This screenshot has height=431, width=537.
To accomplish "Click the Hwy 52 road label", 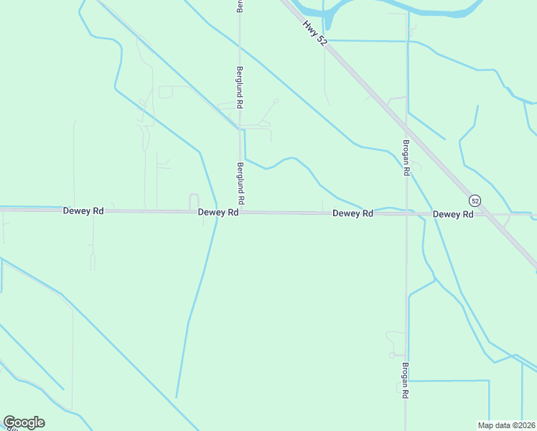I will [314, 34].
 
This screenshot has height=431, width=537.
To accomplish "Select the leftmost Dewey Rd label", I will [84, 211].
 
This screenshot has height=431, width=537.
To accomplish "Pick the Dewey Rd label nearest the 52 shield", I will [453, 214].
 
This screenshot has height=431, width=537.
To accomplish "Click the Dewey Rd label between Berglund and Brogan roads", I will [352, 213].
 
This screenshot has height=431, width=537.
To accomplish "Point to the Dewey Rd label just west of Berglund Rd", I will [218, 213].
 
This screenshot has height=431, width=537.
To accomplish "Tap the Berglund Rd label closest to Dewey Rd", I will [241, 182].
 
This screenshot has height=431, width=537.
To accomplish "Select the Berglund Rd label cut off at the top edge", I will [241, 6].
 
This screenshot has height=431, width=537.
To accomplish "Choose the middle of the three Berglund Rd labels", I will [241, 88].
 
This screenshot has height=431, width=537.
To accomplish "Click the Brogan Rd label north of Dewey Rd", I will [406, 157].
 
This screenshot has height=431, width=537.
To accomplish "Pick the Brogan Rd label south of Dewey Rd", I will [406, 379].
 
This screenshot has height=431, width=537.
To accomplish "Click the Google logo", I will [24, 422].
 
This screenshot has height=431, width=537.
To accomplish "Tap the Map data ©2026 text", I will [507, 425].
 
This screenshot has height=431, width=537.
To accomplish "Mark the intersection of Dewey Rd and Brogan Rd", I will [406, 213].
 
